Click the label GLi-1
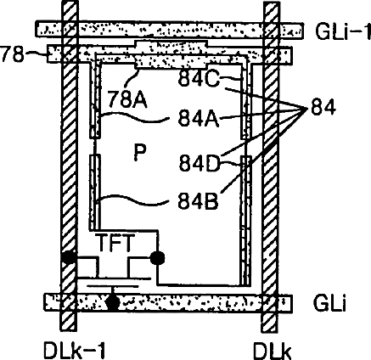coord(343,31)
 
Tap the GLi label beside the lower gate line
coord(329,303)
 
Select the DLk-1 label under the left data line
coord(75,351)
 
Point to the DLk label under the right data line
coord(273,351)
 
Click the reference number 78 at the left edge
coord(13,53)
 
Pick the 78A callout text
coord(127,99)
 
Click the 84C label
coord(199,78)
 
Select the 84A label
coord(199,118)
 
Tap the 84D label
coord(200,163)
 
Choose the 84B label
coord(199,201)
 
